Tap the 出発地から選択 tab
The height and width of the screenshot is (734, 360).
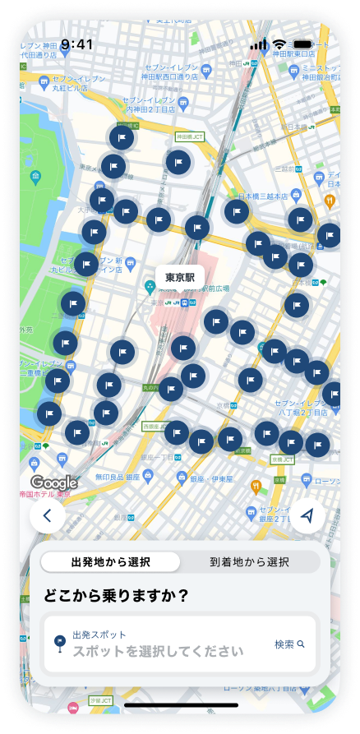coord(111,562)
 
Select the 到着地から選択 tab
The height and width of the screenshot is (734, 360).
coord(249,562)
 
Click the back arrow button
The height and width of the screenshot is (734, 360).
coord(48,516)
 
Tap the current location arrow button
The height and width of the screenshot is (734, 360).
coord(308,516)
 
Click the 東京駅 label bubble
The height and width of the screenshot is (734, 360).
coord(179,278)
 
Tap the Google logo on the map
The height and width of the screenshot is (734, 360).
coord(54,482)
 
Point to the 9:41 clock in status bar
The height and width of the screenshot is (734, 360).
coord(76,44)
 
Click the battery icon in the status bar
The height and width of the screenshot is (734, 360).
coord(303,44)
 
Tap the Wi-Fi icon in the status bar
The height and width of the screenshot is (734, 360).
coord(279,44)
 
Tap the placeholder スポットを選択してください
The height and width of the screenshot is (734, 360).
coord(158,651)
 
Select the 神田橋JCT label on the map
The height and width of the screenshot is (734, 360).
coord(189,137)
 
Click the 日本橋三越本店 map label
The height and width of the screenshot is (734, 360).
coord(263,197)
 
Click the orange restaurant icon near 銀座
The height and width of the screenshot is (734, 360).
coord(256,485)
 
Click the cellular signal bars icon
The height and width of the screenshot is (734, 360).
coord(259,44)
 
